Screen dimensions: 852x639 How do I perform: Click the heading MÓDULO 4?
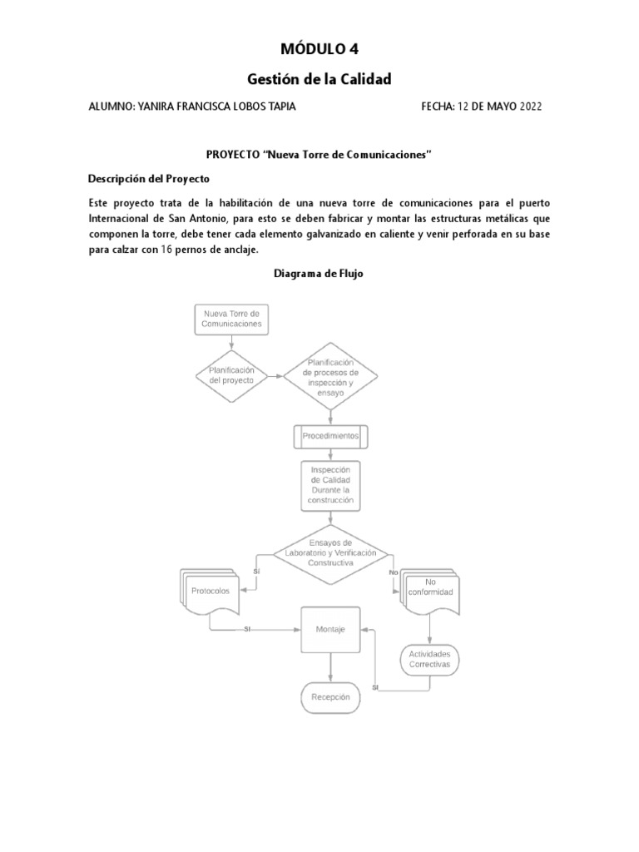(x=319, y=48)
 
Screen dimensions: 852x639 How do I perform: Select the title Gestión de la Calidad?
(x=319, y=78)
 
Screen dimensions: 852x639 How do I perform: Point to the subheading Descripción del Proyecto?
(x=149, y=179)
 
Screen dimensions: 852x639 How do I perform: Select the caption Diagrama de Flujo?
(x=319, y=273)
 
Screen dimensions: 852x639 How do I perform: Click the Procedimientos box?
(x=330, y=436)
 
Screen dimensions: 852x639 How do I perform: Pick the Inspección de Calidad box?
(x=331, y=485)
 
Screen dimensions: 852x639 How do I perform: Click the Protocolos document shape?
(x=210, y=592)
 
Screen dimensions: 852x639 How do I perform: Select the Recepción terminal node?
(x=330, y=696)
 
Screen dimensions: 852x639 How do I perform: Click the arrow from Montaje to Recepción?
(x=330, y=666)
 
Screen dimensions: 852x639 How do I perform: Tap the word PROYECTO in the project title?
(x=232, y=155)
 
